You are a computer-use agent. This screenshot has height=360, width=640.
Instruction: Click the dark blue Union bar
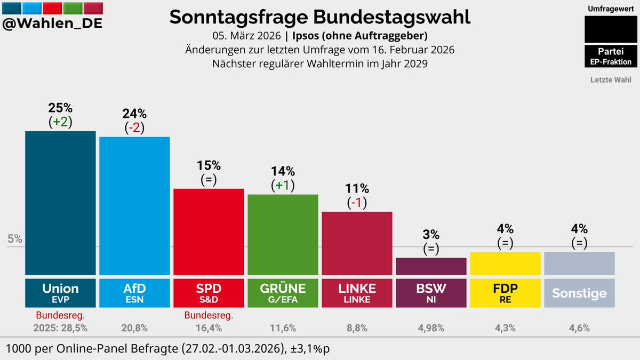click(x=60, y=203)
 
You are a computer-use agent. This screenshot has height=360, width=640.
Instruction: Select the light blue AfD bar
click(x=134, y=205)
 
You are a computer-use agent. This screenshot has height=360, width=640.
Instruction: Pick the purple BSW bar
click(x=431, y=266)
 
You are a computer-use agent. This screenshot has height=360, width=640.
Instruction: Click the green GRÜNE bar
click(x=283, y=234)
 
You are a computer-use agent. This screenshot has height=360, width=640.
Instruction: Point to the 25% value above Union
click(x=60, y=108)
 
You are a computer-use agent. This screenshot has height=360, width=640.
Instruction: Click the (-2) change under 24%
click(x=134, y=128)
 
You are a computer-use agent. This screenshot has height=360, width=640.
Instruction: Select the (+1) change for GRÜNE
click(x=283, y=186)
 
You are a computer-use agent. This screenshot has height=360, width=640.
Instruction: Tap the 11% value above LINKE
click(x=357, y=189)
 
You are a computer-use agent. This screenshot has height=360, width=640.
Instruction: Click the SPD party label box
click(x=209, y=292)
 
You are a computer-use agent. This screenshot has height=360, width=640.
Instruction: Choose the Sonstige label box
click(x=579, y=293)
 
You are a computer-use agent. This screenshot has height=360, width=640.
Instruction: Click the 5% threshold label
click(x=15, y=239)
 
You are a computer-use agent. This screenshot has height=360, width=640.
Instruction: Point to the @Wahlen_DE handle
click(x=52, y=24)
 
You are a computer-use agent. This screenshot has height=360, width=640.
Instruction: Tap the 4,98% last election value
click(x=431, y=329)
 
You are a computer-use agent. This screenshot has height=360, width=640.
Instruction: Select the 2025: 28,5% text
click(x=60, y=329)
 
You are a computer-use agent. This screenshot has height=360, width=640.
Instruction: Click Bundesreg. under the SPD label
click(x=209, y=315)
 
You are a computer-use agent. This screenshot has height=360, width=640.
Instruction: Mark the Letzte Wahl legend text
click(x=611, y=80)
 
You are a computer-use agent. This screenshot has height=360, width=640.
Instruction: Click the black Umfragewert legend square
click(x=611, y=29)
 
